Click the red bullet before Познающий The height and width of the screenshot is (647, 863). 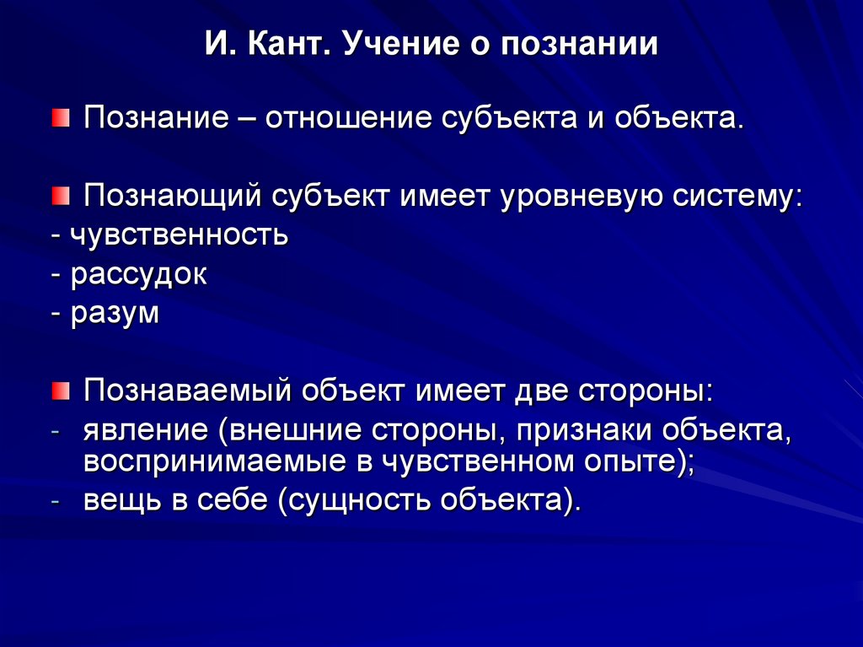click(57, 196)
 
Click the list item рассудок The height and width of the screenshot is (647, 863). click(138, 275)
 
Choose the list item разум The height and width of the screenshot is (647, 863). click(115, 314)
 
